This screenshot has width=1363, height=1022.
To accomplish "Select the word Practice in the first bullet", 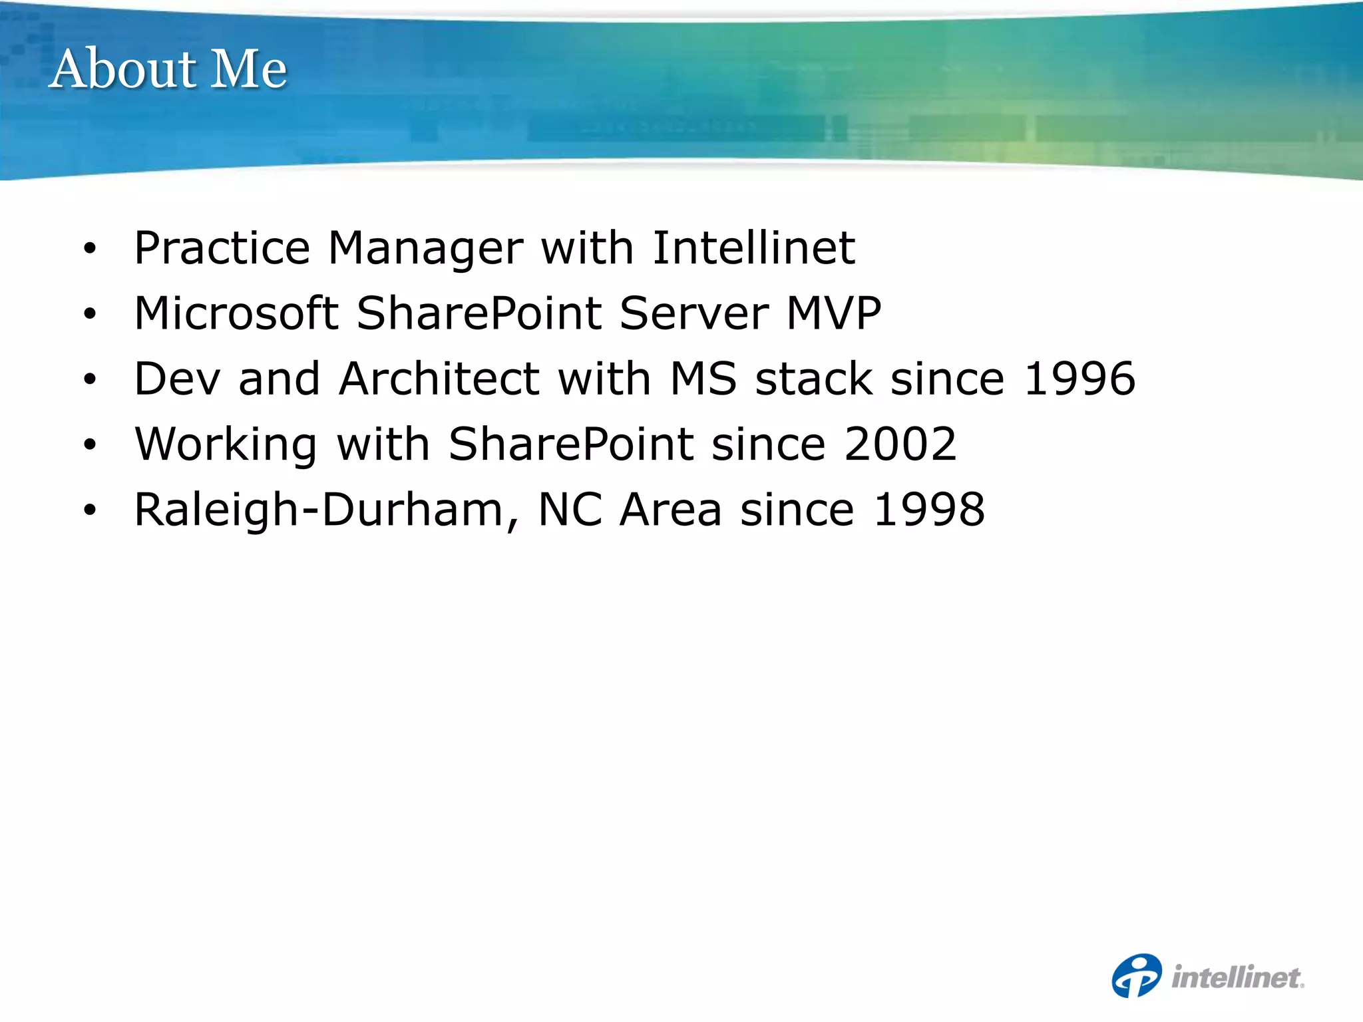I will pyautogui.click(x=222, y=248).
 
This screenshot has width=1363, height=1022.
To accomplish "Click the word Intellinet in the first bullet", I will pyautogui.click(x=753, y=248).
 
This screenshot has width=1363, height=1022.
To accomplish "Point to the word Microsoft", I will pyautogui.click(x=236, y=313).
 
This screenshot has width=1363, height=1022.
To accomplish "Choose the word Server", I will pyautogui.click(x=694, y=313).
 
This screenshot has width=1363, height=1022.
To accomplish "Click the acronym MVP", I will pyautogui.click(x=834, y=313).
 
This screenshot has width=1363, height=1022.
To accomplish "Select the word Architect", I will pyautogui.click(x=439, y=379).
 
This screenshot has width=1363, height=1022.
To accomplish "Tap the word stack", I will pyautogui.click(x=814, y=379).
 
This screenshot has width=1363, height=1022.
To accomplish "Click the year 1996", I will pyautogui.click(x=1079, y=379).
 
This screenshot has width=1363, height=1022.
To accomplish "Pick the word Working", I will pyautogui.click(x=226, y=444).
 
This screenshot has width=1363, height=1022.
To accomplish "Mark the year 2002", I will pyautogui.click(x=900, y=444).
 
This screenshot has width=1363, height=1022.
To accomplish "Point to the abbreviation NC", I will pyautogui.click(x=570, y=510).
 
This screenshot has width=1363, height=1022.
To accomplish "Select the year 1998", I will pyautogui.click(x=929, y=510).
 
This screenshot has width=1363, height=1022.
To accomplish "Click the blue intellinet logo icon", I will pyautogui.click(x=1137, y=975).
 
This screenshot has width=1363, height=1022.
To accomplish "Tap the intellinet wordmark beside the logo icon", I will pyautogui.click(x=1237, y=977).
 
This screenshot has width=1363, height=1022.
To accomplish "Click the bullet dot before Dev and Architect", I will pyautogui.click(x=90, y=380).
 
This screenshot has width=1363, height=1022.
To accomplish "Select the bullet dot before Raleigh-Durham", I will pyautogui.click(x=90, y=511).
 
